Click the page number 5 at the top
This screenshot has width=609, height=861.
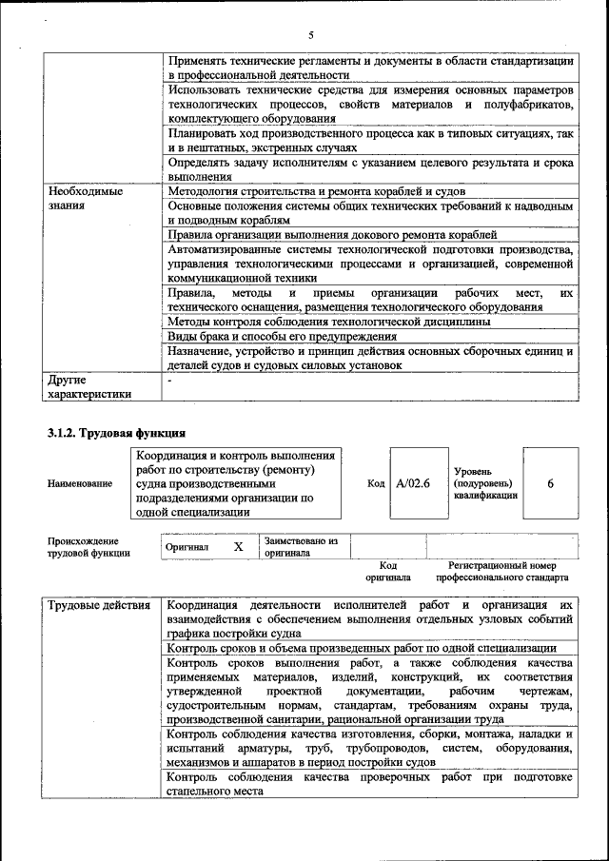pyautogui.click(x=311, y=36)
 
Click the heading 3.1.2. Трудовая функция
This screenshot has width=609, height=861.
pyautogui.click(x=115, y=434)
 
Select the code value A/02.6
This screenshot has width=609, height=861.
pyautogui.click(x=413, y=483)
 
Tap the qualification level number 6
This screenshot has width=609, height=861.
pyautogui.click(x=550, y=483)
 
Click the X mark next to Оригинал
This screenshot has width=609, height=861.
pyautogui.click(x=239, y=547)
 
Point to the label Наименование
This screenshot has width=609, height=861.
pyautogui.click(x=80, y=483)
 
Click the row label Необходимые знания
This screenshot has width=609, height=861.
pyautogui.click(x=86, y=198)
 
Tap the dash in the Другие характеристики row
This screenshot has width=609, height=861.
pyautogui.click(x=169, y=381)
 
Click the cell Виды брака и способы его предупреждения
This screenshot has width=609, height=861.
pyautogui.click(x=282, y=337)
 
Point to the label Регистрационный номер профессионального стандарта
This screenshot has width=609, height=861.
pyautogui.click(x=501, y=571)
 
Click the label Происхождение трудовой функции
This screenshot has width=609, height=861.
pyautogui.click(x=89, y=547)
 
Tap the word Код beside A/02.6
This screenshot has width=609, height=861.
pyautogui.click(x=375, y=483)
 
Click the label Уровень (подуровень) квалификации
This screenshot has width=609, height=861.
pyautogui.click(x=485, y=483)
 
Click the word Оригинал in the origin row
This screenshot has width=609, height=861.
pyautogui.click(x=187, y=548)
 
